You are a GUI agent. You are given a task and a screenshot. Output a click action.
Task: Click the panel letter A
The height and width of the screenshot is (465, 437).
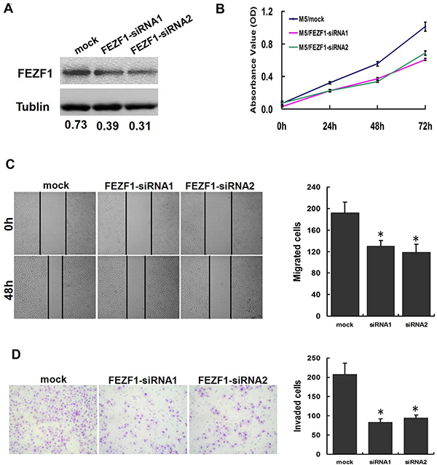(8, 9)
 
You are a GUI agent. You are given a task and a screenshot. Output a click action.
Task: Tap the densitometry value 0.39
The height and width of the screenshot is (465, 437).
(108, 126)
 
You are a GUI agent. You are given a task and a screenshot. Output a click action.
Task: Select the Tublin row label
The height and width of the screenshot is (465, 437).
(33, 106)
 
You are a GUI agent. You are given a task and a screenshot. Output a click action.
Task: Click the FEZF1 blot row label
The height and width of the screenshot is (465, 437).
(35, 74)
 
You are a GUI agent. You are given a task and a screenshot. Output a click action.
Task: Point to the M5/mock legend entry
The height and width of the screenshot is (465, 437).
(307, 19)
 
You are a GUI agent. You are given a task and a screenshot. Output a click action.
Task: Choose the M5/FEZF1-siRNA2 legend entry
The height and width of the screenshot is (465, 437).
(319, 47)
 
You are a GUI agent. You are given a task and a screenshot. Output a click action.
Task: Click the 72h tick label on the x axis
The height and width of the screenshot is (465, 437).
(425, 126)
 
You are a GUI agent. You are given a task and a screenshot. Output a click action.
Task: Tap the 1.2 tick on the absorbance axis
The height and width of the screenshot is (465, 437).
(267, 12)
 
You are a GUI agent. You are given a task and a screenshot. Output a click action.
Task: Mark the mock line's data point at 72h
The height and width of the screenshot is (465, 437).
(425, 27)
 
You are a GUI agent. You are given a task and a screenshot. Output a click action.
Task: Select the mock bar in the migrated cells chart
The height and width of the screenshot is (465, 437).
(345, 265)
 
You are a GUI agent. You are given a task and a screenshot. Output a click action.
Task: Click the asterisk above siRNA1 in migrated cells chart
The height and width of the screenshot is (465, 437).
(381, 236)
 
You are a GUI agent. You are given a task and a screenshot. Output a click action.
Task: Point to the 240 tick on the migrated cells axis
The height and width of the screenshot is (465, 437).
(314, 187)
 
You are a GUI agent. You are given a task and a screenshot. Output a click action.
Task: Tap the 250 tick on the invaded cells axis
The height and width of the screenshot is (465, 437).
(314, 359)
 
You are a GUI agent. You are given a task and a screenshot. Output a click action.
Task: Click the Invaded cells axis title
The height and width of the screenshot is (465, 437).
(297, 406)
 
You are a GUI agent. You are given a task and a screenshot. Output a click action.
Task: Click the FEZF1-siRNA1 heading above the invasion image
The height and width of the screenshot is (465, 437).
(143, 380)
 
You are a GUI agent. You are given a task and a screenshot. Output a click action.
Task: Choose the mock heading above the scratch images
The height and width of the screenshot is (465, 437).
(56, 185)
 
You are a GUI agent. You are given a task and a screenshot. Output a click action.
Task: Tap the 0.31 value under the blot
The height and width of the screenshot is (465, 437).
(140, 126)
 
